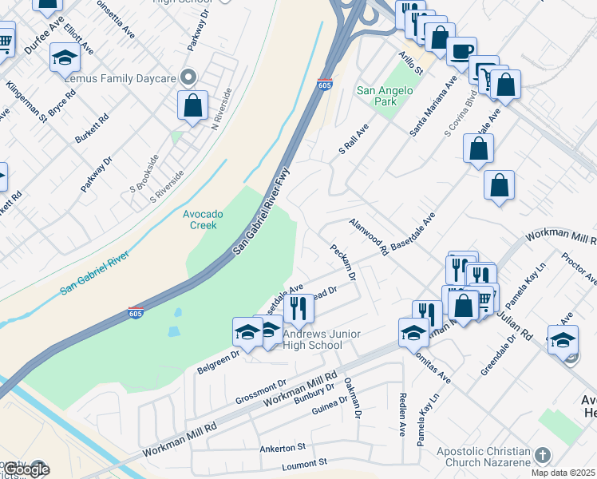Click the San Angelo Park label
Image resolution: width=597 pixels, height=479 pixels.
click(385, 97)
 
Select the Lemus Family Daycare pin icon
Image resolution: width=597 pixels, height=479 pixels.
click(188, 77)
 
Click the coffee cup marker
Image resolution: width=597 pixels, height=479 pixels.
click(461, 52)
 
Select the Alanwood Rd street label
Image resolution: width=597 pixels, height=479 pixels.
click(368, 237)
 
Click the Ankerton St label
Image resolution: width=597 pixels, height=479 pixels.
click(283, 448)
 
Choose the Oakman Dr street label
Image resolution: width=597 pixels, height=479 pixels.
click(353, 398)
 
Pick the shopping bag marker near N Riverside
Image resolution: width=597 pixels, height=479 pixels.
click(193, 105)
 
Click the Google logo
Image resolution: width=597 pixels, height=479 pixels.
click(25, 469)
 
